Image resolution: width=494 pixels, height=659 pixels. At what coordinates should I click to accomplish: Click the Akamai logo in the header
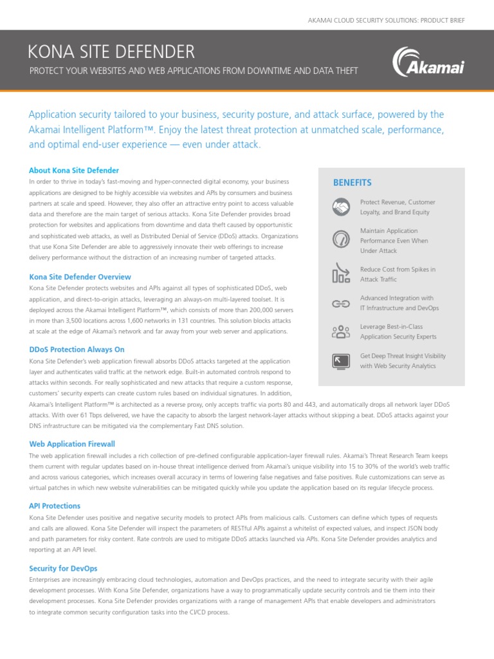pyautogui.click(x=428, y=62)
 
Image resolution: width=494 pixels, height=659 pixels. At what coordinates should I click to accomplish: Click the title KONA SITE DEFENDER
pyautogui.click(x=112, y=51)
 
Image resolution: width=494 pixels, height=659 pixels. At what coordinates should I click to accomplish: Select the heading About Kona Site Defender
pyautogui.click(x=74, y=171)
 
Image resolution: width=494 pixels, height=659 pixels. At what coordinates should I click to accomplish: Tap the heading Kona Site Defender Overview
pyautogui.click(x=80, y=277)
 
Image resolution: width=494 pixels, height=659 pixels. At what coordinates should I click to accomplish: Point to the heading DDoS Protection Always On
pyautogui.click(x=77, y=349)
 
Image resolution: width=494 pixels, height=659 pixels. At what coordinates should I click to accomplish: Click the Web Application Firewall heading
pyautogui.click(x=73, y=444)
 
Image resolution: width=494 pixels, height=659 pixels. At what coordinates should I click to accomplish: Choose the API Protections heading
pyautogui.click(x=55, y=506)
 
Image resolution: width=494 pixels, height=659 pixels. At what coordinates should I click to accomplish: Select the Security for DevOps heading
pyautogui.click(x=64, y=568)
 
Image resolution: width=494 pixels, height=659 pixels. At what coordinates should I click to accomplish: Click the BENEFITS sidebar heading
pyautogui.click(x=352, y=183)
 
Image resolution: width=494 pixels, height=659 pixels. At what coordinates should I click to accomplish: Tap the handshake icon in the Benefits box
pyautogui.click(x=340, y=207)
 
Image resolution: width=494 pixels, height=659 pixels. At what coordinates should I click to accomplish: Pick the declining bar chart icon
pyautogui.click(x=340, y=273)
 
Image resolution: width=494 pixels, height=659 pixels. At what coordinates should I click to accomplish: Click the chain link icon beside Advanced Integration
pyautogui.click(x=340, y=303)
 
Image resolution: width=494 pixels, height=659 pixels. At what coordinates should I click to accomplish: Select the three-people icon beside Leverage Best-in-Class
pyautogui.click(x=340, y=331)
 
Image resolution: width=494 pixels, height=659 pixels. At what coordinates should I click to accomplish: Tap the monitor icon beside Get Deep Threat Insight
pyautogui.click(x=340, y=360)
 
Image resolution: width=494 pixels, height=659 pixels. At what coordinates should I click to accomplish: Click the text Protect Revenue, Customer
pyautogui.click(x=398, y=202)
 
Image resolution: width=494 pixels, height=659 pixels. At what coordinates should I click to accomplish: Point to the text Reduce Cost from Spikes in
pyautogui.click(x=398, y=269)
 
